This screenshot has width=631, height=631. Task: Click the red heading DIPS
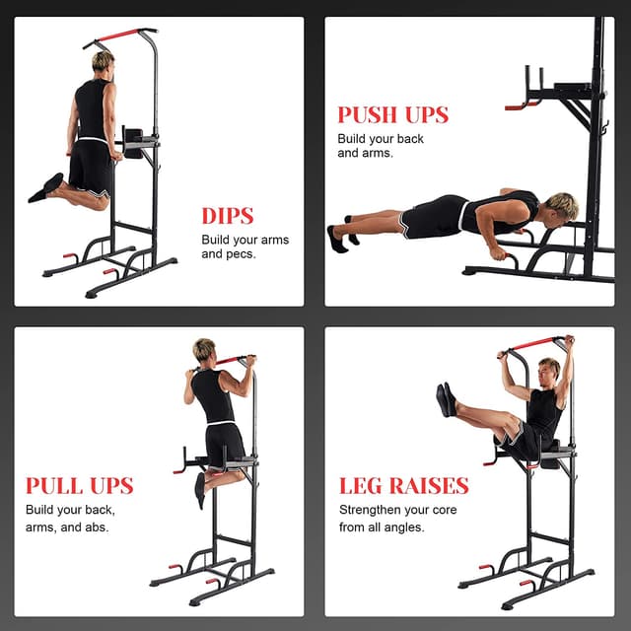(x=228, y=216)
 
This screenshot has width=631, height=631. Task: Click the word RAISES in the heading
(x=426, y=486)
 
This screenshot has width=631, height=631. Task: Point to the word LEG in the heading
(x=360, y=486)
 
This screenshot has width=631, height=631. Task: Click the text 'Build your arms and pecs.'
(x=245, y=246)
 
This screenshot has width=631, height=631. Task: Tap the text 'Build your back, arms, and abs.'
(x=70, y=519)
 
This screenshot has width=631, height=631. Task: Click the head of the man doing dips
(x=103, y=62)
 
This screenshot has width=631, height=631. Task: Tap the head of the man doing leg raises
(x=549, y=370)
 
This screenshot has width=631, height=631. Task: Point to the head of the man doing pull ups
(x=204, y=350)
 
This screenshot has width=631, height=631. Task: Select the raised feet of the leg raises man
(x=446, y=399)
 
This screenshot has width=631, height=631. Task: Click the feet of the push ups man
(x=339, y=238)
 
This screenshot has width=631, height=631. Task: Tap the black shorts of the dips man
(x=92, y=168)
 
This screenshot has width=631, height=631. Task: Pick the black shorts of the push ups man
(x=434, y=217)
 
